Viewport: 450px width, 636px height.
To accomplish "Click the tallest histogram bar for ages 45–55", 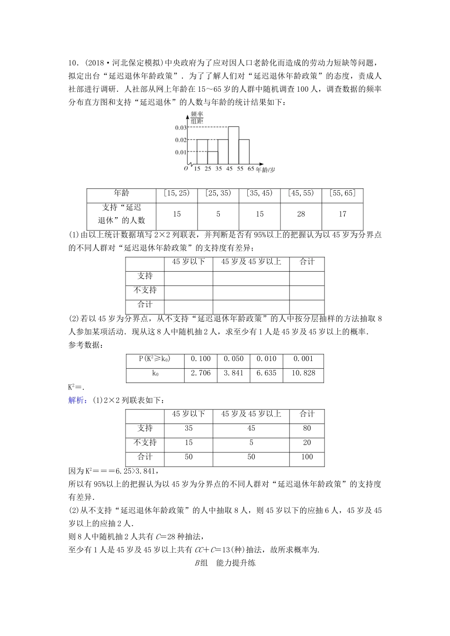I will (x=233, y=145).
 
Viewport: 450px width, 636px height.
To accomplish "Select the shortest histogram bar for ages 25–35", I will (x=213, y=158).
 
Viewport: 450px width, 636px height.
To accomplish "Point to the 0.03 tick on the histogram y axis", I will (x=180, y=128).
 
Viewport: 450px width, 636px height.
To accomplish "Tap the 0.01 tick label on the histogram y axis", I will (x=180, y=152).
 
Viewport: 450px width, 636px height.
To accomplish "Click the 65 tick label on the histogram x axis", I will (x=251, y=169).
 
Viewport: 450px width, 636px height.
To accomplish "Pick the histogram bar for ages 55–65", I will (x=244, y=151).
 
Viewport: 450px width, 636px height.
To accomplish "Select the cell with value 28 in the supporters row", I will (x=301, y=214).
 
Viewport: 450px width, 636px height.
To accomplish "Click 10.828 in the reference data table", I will (x=303, y=373).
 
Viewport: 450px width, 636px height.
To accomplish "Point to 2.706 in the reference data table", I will (x=200, y=373).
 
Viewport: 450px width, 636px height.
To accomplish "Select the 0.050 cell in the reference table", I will (x=234, y=359).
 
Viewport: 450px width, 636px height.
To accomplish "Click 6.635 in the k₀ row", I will (x=266, y=373).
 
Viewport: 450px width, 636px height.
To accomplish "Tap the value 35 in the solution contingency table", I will (x=189, y=428).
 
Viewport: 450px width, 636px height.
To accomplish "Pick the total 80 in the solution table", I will (x=307, y=428).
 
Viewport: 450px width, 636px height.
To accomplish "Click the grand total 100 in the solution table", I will (x=307, y=457).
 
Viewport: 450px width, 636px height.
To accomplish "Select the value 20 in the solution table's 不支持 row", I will (x=307, y=442).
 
